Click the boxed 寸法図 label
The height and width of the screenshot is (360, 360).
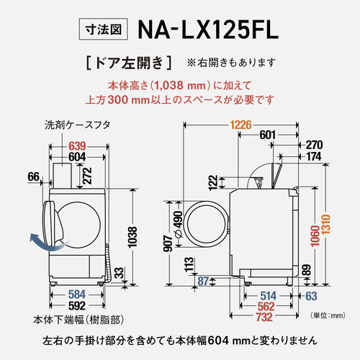pos(103,29)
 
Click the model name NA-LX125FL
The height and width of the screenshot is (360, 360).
pos(208,30)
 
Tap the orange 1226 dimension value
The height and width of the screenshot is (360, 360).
pos(240,125)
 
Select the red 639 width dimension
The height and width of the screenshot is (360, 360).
pos(77,146)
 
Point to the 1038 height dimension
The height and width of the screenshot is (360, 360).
pos(132,237)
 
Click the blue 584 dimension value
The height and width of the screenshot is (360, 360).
pos(77,294)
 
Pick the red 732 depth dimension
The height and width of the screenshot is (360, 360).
pos(264,318)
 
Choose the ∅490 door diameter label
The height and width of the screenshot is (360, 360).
pos(179,225)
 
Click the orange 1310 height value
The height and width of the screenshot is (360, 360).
pos(326,225)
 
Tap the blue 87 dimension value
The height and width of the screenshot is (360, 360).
pos(203,281)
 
